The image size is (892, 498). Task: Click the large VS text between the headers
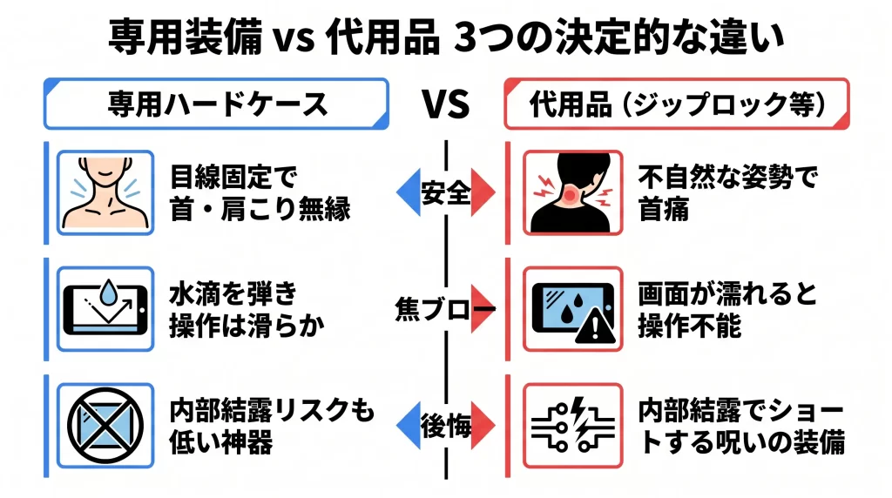(x=446, y=104)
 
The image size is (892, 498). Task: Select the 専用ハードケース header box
(x=216, y=104)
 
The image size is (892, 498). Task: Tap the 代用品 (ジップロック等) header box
(x=676, y=104)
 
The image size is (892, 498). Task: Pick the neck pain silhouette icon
(x=572, y=192)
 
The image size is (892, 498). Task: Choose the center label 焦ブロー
(x=443, y=309)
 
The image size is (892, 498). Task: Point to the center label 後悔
(x=445, y=426)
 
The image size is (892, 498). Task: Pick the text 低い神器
(x=221, y=441)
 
